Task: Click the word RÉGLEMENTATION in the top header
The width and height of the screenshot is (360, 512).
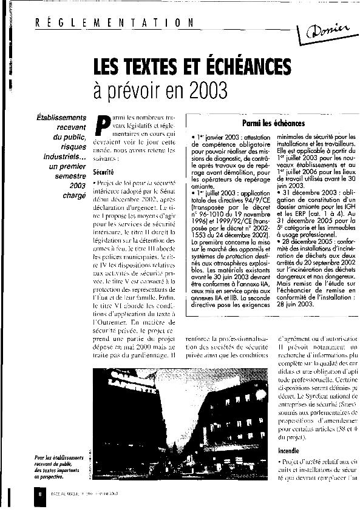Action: [115, 23]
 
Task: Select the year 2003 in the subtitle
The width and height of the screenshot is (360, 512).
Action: [205, 91]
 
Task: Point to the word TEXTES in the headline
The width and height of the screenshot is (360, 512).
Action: [157, 66]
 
